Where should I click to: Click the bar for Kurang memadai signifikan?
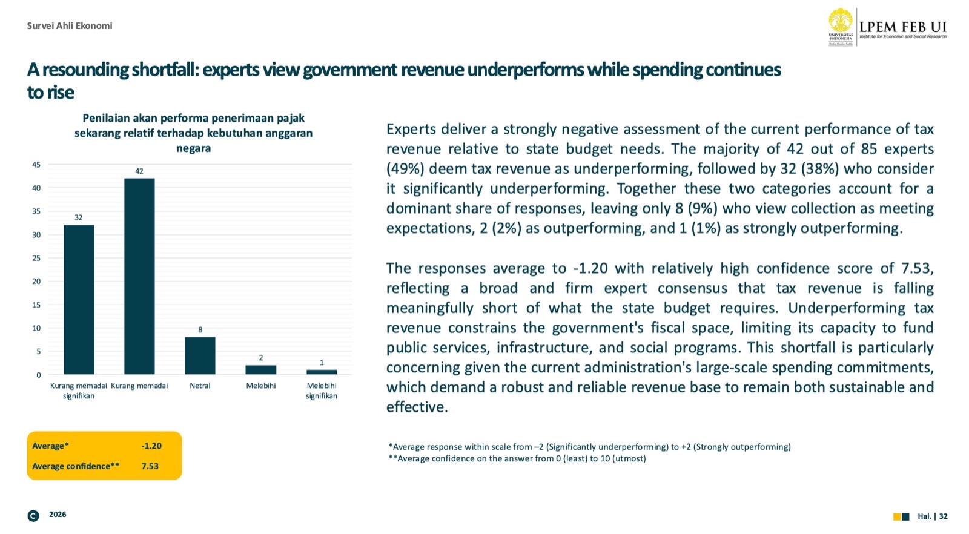[x=79, y=300]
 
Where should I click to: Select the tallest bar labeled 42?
[x=139, y=276]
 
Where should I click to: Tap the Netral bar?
[x=200, y=355]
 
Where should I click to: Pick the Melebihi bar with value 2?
[x=261, y=369]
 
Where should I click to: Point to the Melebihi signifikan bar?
[x=322, y=372]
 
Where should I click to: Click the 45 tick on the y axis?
[x=36, y=165]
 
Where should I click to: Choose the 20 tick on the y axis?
[x=36, y=282]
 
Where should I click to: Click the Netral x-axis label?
[x=200, y=386]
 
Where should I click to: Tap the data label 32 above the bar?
[x=79, y=217]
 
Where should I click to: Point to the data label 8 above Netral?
[x=200, y=329]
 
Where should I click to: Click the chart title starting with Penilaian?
[x=194, y=133]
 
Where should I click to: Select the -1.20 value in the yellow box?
[x=151, y=446]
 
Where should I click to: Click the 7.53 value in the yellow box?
[x=150, y=466]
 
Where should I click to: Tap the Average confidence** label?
[x=76, y=466]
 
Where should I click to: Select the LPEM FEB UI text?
[x=902, y=27]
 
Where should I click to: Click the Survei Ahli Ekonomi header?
[x=70, y=25]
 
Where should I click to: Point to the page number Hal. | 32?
[x=933, y=516]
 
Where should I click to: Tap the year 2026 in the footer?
[x=58, y=515]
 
